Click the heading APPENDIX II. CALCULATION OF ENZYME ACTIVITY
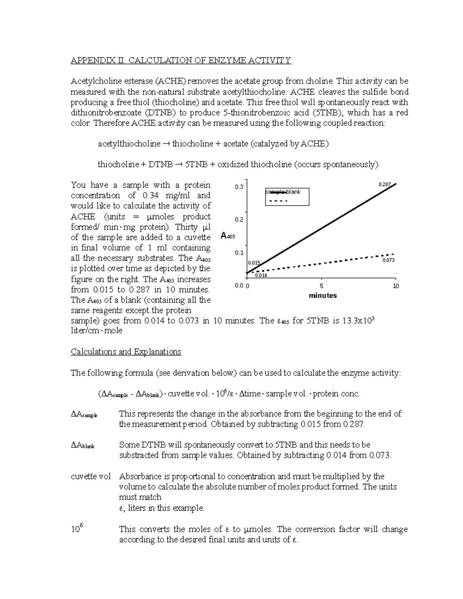click(181, 60)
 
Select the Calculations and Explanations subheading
click(126, 352)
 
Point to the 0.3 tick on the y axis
click(239, 187)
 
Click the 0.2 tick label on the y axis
click(239, 220)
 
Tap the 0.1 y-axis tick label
click(239, 253)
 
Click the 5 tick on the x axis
click(321, 286)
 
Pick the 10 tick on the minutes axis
click(395, 286)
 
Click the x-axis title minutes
click(323, 295)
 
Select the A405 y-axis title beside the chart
click(228, 236)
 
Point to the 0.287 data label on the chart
click(385, 185)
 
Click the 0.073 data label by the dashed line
click(388, 260)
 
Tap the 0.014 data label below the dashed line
click(261, 275)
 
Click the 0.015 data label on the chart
click(254, 263)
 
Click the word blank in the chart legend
click(293, 192)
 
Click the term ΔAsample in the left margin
click(84, 414)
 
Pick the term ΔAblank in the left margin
click(83, 445)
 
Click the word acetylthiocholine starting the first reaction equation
click(129, 144)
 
